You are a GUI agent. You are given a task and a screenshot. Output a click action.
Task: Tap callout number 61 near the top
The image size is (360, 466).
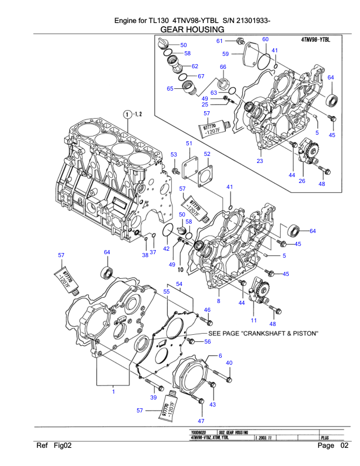pyautogui.click(x=219, y=41)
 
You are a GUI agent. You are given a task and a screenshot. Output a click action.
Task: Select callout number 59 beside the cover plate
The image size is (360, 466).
pyautogui.click(x=225, y=54)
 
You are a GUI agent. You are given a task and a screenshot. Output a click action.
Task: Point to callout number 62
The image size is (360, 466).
pyautogui.click(x=195, y=66)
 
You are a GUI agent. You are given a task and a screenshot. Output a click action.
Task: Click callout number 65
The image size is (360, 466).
pyautogui.click(x=169, y=89)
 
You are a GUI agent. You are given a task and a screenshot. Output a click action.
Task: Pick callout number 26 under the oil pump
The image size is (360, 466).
pyautogui.click(x=302, y=181)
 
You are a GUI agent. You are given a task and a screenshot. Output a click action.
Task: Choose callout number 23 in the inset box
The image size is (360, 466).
pyautogui.click(x=259, y=161)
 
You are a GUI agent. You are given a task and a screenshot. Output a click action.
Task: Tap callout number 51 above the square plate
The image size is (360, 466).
pyautogui.click(x=189, y=144)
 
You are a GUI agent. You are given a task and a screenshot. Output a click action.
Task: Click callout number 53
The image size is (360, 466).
pyautogui.click(x=174, y=154)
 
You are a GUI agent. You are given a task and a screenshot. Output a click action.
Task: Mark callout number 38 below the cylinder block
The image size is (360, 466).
pyautogui.click(x=145, y=255)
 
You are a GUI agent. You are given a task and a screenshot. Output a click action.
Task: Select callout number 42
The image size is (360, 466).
pyautogui.click(x=166, y=249)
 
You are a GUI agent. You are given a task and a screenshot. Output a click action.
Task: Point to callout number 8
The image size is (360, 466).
pyautogui.click(x=219, y=301)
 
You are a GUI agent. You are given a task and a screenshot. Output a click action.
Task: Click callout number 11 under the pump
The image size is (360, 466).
pyautogui.click(x=254, y=321)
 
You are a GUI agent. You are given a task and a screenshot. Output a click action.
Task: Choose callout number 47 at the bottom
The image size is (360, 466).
pyautogui.click(x=201, y=421)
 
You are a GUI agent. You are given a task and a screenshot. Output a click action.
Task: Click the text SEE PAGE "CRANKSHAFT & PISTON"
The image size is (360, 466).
pyautogui.click(x=263, y=334)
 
